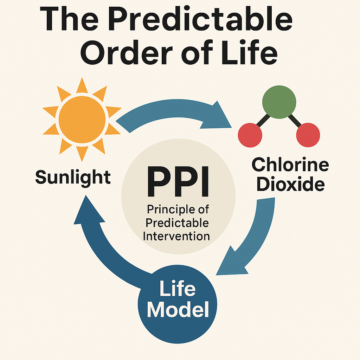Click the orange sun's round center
click(x=82, y=119)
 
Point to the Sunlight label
click(x=73, y=176)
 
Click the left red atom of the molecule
click(x=250, y=135)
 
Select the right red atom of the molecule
click(x=308, y=135)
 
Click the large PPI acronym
click(x=178, y=183)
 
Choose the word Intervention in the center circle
click(x=176, y=235)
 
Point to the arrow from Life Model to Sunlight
click(x=102, y=239)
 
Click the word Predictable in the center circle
click(x=178, y=223)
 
